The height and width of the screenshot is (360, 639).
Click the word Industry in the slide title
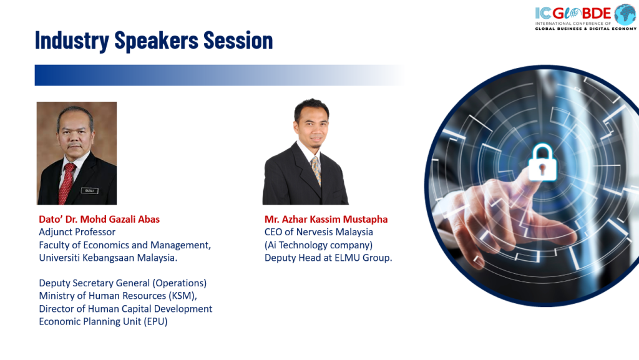72,41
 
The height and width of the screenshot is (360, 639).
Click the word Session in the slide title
238,41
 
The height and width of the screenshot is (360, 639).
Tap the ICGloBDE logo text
573,14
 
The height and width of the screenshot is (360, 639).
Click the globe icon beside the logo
625,14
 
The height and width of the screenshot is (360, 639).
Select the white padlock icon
542,162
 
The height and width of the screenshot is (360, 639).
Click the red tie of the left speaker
67,183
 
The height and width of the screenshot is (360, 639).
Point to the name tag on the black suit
90,190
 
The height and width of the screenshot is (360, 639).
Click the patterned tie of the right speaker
316,170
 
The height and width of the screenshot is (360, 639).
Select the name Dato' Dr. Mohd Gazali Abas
99,219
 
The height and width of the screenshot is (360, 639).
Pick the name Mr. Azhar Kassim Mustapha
326,219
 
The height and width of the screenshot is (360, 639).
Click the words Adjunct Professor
77,232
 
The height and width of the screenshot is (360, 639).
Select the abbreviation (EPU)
155,322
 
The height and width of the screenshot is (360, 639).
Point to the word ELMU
348,258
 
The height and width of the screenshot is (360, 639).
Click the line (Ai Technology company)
318,245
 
